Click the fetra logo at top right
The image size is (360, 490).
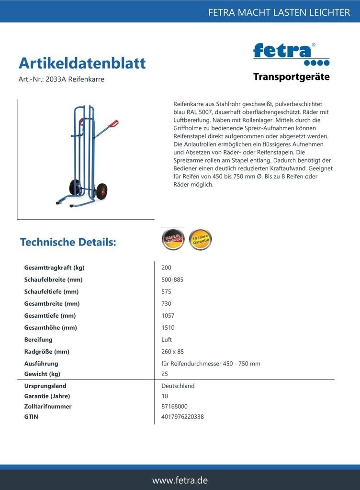click(291, 54)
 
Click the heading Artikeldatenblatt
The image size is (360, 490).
click(82, 63)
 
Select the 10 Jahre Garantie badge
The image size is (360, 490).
click(200, 239)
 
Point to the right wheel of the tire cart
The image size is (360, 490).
click(101, 191)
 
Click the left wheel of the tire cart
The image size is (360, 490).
click(75, 187)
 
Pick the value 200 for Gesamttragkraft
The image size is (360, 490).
click(166, 267)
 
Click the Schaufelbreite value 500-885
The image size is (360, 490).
click(172, 279)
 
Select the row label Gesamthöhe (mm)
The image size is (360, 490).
click(50, 328)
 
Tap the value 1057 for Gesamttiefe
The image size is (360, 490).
click(168, 316)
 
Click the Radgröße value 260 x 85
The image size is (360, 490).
click(172, 352)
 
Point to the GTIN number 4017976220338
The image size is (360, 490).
click(182, 417)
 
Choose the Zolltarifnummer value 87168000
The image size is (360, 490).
click(175, 406)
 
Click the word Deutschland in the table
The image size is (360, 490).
click(178, 386)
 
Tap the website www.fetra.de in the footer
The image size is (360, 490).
click(180, 480)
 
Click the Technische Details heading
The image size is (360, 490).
click(68, 242)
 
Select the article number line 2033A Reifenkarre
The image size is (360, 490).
click(61, 79)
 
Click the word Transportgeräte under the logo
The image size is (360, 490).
click(291, 77)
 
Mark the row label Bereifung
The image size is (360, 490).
click(38, 340)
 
